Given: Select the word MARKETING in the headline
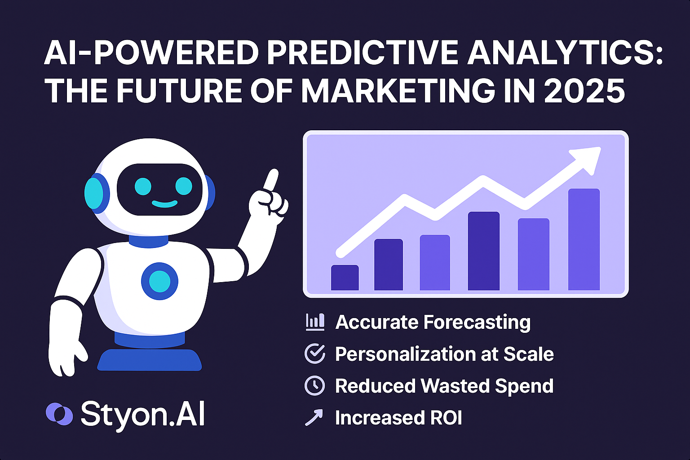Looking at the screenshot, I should coord(395,90).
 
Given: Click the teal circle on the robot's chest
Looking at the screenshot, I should coord(159,282).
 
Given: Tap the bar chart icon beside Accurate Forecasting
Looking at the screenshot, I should coord(314,322).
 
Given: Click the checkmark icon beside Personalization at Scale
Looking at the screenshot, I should coord(314,354).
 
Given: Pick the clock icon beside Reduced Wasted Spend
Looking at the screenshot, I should coord(314,385).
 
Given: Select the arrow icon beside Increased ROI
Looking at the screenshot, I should coord(314,417).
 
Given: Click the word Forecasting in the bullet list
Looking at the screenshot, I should coord(477,323).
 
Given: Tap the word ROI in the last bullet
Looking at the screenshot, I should coord(446,418).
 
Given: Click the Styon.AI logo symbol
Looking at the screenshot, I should coord(59,414).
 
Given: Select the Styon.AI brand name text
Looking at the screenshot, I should coord(142,414).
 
